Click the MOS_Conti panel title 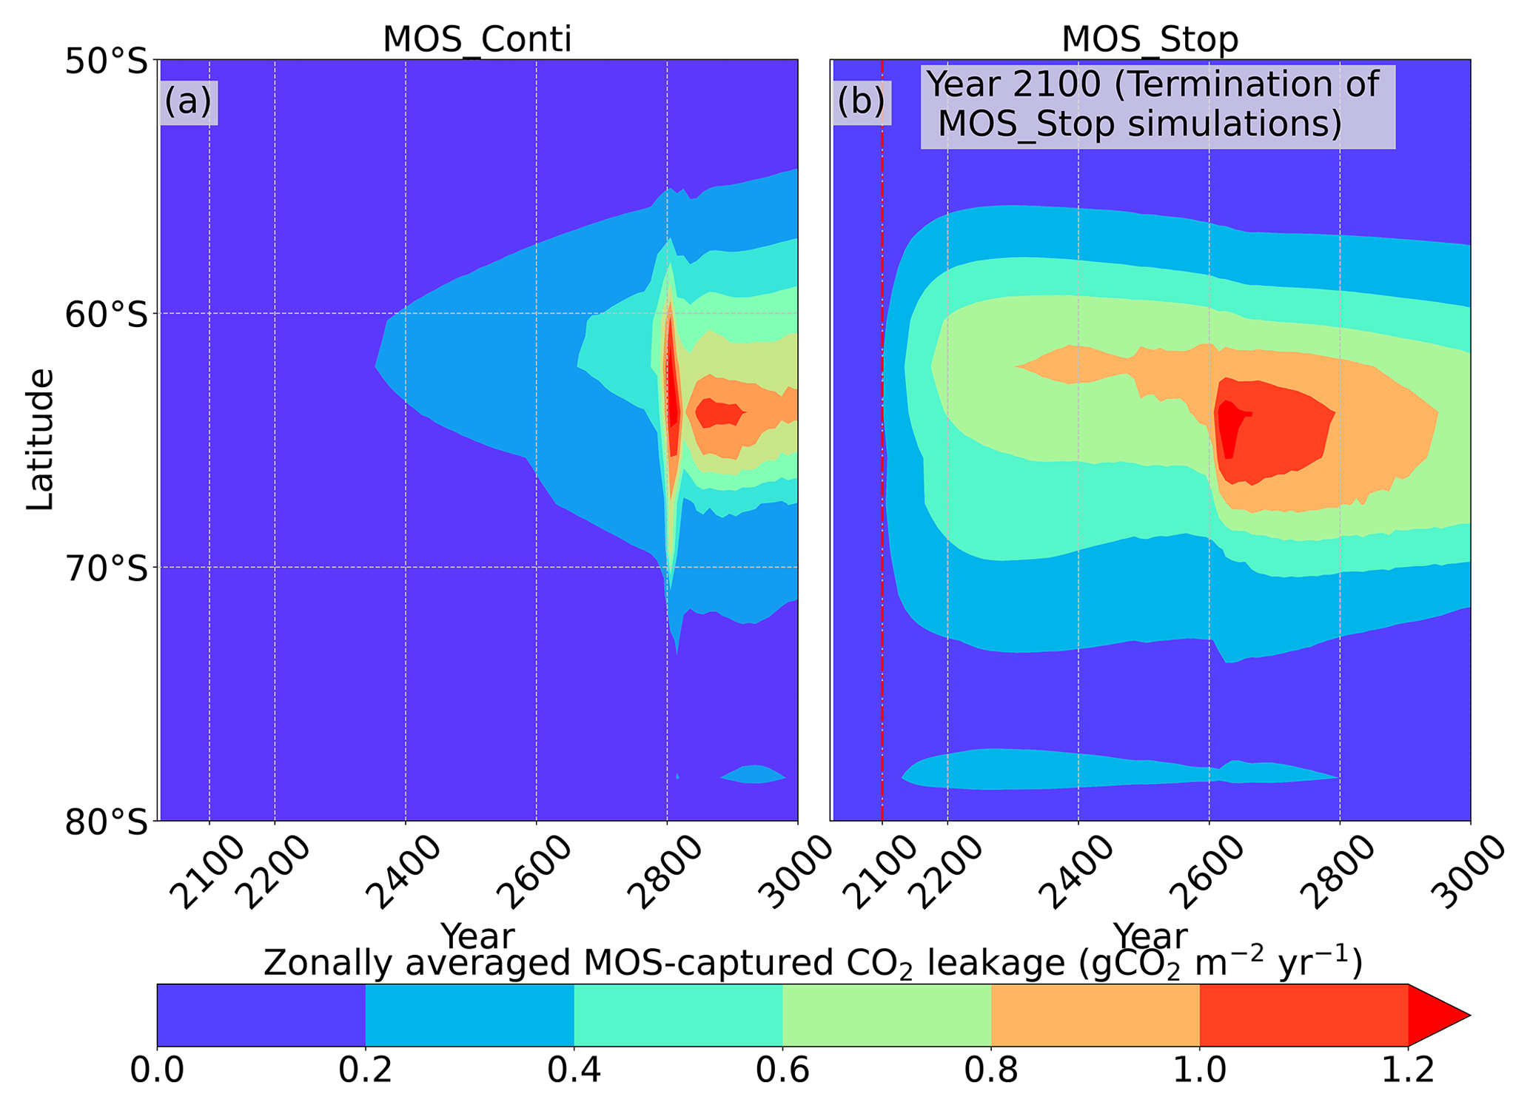click(477, 39)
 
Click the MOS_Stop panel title click(1150, 39)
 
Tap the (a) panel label click(188, 101)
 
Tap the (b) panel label click(861, 101)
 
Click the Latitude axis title click(40, 440)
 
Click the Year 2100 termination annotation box click(1156, 105)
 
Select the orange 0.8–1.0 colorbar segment click(1095, 1015)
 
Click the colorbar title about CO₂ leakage click(813, 964)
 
